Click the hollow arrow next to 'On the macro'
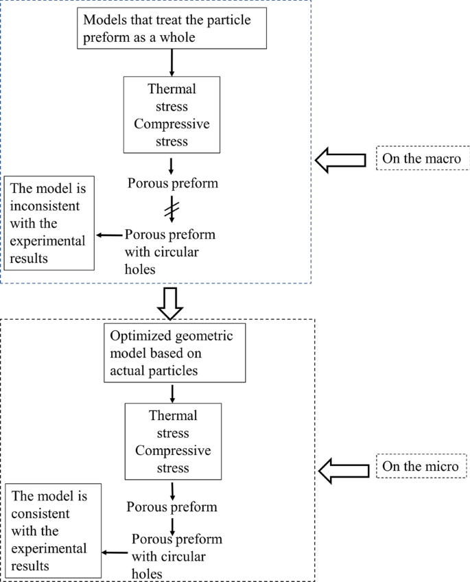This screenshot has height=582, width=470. tap(340, 159)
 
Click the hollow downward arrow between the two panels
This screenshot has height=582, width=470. tap(170, 303)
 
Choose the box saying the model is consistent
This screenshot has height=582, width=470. tap(52, 531)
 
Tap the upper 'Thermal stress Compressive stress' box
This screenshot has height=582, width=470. tap(172, 115)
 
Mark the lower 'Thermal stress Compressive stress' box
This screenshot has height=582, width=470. tap(173, 441)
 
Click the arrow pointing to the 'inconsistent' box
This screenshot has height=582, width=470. tap(110, 235)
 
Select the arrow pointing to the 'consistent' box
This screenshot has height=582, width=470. tap(115, 551)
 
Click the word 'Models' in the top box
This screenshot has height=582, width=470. tap(104, 20)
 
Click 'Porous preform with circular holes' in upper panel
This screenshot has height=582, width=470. tap(169, 251)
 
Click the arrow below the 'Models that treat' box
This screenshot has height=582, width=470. tap(172, 62)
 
